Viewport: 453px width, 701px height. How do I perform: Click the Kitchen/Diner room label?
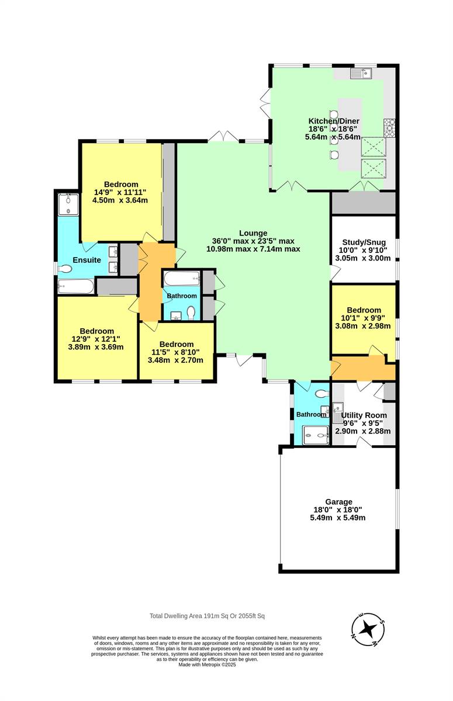[x=334, y=121]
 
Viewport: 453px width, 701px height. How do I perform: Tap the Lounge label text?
[x=253, y=233]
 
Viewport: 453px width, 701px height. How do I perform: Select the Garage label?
[x=338, y=502]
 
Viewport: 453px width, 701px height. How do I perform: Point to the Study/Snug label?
[x=364, y=242]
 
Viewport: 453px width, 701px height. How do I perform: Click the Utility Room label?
[x=364, y=415]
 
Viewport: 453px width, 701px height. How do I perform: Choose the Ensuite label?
[x=87, y=260]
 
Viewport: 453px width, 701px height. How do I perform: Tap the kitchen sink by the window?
[x=361, y=73]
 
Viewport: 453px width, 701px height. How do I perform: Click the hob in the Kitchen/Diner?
[x=389, y=128]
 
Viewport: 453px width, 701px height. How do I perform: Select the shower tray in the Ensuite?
[x=68, y=204]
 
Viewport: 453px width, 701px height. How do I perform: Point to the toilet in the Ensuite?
[x=64, y=269]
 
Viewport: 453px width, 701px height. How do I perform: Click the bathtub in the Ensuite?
[x=76, y=286]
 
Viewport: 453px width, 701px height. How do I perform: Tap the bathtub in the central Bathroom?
[x=182, y=278]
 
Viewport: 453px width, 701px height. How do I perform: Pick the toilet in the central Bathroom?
[x=191, y=313]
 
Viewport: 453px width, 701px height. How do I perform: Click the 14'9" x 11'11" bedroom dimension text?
[x=120, y=192]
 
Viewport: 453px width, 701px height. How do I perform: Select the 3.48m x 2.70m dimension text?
[x=175, y=360]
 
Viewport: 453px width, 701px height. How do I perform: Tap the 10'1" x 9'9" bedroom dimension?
[x=363, y=318]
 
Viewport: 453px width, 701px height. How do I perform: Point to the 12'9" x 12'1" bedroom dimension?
[x=96, y=339]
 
